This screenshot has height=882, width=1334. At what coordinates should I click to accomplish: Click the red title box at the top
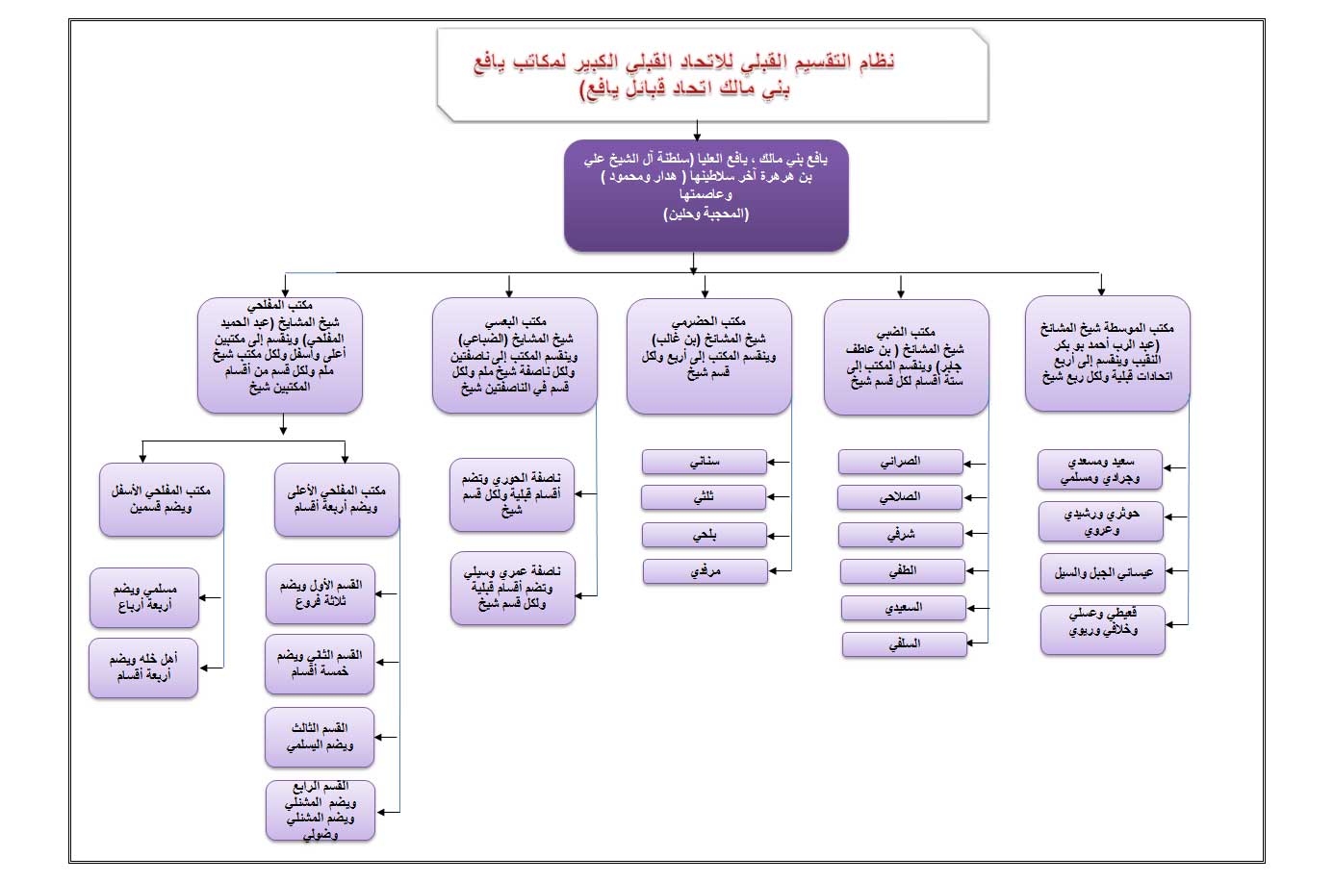[x=712, y=75]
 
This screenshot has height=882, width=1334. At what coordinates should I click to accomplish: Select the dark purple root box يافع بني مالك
[x=705, y=196]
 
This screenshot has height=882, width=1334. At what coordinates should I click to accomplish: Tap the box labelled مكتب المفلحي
[x=279, y=355]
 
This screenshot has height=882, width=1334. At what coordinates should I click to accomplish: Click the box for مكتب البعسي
[x=514, y=356]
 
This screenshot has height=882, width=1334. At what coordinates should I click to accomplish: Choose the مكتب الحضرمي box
[x=708, y=356]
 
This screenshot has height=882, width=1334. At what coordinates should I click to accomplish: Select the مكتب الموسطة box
[x=1107, y=354]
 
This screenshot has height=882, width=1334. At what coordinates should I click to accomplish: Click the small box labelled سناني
[x=704, y=463]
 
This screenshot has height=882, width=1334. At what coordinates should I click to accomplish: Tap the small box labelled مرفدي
[x=705, y=571]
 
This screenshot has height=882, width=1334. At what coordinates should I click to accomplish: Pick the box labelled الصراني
[x=900, y=463]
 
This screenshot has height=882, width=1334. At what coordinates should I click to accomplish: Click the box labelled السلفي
[x=904, y=644]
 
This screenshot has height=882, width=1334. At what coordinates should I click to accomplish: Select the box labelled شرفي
[x=900, y=535]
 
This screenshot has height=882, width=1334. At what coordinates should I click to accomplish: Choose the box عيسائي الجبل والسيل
[x=1102, y=573]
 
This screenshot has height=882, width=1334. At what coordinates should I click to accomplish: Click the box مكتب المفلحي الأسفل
[x=161, y=499]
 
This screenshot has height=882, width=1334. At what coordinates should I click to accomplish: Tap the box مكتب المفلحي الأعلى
[x=336, y=499]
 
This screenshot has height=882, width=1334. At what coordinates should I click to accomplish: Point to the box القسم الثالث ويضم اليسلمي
[x=320, y=737]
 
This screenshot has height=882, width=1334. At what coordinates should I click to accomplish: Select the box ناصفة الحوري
[x=511, y=494]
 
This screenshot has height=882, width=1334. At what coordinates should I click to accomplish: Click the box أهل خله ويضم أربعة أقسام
[x=143, y=668]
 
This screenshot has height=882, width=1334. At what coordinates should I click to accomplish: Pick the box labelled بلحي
[x=704, y=535]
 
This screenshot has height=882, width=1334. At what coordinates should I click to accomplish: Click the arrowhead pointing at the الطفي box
[x=969, y=571]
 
